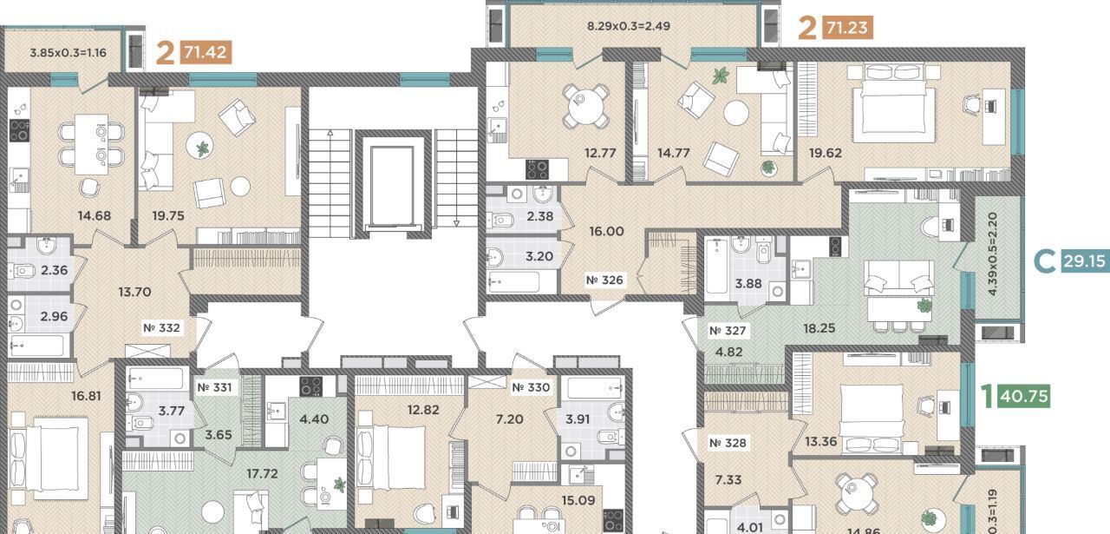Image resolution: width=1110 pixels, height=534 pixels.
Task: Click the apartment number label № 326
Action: coord(604,280)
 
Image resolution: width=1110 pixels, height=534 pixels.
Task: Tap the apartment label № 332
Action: coord(161,328)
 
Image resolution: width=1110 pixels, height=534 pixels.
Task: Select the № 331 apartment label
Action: coord(214,387)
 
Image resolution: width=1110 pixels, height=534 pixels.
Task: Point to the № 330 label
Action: coord(531,387)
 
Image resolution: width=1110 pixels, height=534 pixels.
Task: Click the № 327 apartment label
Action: coord(728,331)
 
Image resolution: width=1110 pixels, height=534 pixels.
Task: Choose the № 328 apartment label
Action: coord(728,443)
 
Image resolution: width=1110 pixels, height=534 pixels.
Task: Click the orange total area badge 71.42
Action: coord(206,51)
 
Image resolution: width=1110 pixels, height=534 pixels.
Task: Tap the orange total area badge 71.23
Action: coord(848,27)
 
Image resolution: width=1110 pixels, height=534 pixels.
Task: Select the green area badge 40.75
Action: coord(1024,396)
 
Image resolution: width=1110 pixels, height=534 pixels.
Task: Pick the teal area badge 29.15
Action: coord(1085,260)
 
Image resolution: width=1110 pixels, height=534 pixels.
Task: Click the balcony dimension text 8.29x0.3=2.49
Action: coord(629,26)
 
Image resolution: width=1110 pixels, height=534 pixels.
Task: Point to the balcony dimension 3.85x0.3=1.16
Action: coord(68,53)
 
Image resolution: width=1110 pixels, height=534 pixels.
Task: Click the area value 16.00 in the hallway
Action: coord(606,231)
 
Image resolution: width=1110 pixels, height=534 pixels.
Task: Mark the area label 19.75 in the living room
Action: coord(168,216)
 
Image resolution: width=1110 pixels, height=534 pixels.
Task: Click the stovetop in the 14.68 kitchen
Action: coord(20,130)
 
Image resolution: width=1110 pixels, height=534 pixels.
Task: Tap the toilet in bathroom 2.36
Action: coord(21,271)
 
